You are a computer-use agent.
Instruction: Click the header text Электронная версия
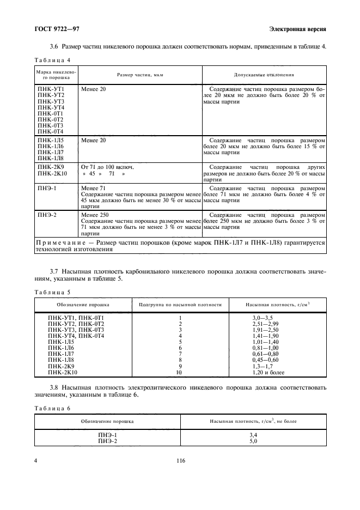tap(297, 28)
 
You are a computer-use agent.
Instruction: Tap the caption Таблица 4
tap(53, 59)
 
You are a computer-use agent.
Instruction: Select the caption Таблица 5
tap(53, 292)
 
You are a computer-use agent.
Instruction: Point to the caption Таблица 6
tap(53, 408)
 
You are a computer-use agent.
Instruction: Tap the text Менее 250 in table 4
tap(95, 215)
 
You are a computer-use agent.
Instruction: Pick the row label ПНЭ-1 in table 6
tap(107, 435)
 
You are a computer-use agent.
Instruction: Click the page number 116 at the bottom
tap(181, 461)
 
